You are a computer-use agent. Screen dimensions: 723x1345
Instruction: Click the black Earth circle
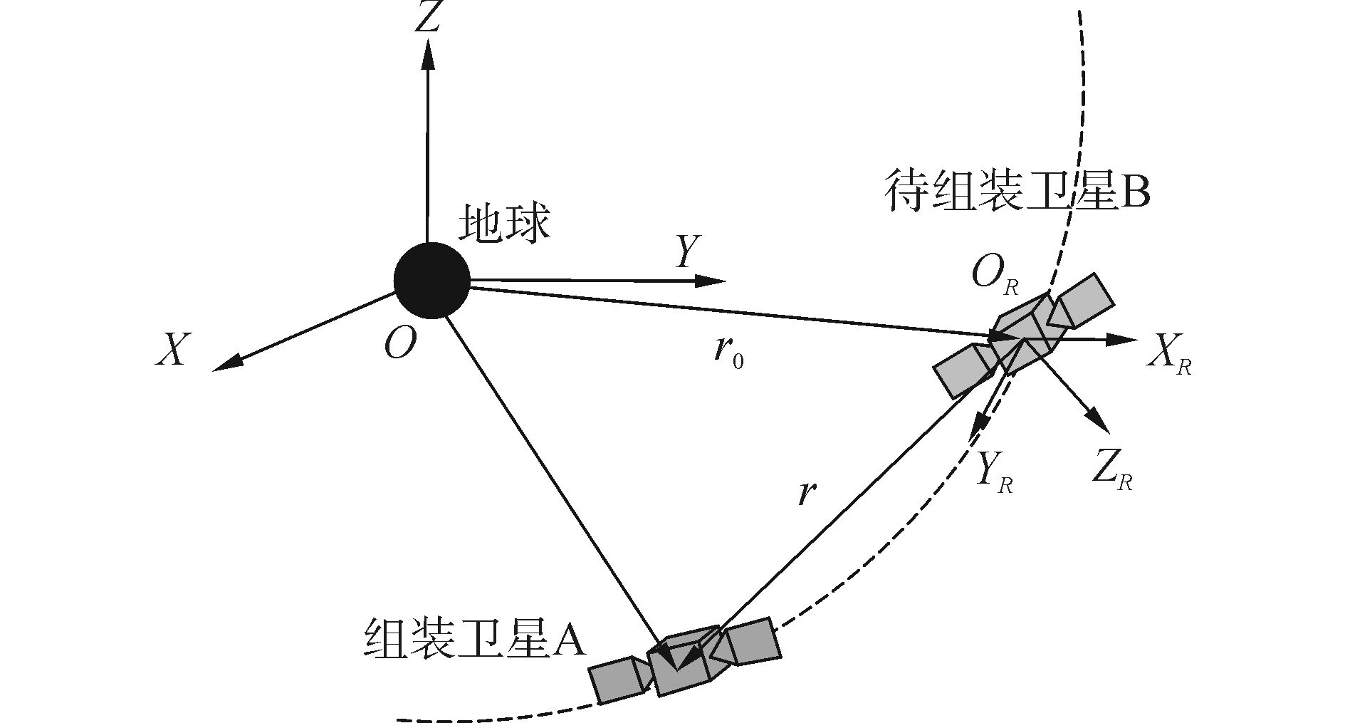pyautogui.click(x=431, y=281)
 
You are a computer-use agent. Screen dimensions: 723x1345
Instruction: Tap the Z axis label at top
pyautogui.click(x=427, y=18)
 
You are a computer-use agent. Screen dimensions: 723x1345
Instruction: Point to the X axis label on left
pyautogui.click(x=173, y=350)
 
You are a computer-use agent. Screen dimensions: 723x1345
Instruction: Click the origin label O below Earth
pyautogui.click(x=400, y=345)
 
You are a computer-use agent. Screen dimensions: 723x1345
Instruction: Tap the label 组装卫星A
pyautogui.click(x=474, y=636)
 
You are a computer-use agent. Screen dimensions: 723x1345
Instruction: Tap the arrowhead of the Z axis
pyautogui.click(x=427, y=53)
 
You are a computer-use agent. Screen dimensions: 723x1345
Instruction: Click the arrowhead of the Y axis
pyautogui.click(x=712, y=281)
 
